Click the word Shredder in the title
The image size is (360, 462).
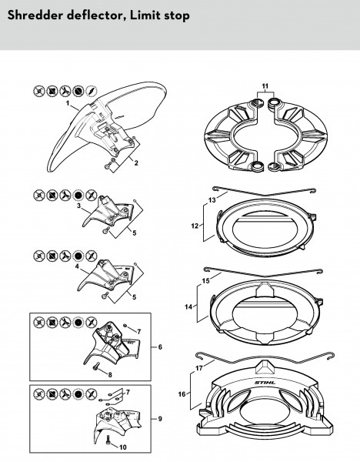click(35, 15)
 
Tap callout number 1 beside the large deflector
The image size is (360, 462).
click(68, 103)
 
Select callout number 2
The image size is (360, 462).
click(136, 163)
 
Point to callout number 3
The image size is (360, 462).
click(79, 206)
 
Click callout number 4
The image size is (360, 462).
click(77, 266)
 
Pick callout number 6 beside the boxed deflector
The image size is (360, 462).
click(160, 346)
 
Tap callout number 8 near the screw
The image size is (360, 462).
click(110, 375)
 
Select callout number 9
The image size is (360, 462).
click(160, 419)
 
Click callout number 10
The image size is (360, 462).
click(123, 447)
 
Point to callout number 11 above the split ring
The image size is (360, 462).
click(265, 86)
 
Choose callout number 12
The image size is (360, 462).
click(195, 226)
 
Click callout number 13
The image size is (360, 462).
click(212, 200)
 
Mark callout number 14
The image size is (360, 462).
click(188, 306)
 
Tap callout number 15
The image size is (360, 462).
click(205, 281)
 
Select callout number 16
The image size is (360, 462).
click(182, 394)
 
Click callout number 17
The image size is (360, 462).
click(199, 368)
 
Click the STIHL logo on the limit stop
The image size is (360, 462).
click(265, 383)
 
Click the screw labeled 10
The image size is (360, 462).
click(108, 440)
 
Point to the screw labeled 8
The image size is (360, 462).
click(95, 367)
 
